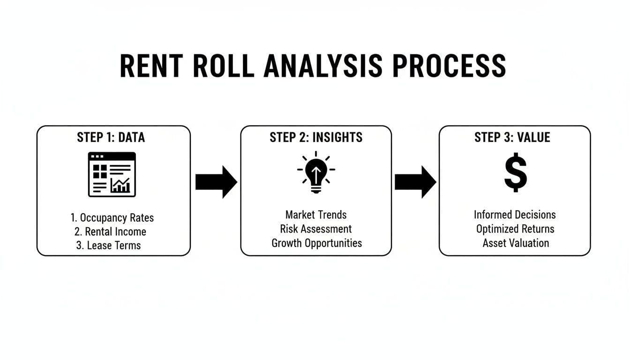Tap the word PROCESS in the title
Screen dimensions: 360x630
449,66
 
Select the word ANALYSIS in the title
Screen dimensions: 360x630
323,66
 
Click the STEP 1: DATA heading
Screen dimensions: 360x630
111,137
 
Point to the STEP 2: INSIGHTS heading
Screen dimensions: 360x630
316,137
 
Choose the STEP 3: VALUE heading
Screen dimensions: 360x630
512,137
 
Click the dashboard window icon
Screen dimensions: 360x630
112,174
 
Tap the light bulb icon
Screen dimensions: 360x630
316,172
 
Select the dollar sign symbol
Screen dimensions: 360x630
515,172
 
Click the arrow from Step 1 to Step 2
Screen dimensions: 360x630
216,182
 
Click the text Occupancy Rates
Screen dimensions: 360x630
112,218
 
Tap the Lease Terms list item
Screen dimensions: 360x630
108,246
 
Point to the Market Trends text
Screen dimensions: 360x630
316,215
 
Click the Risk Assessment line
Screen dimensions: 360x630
316,229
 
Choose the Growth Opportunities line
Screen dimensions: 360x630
316,243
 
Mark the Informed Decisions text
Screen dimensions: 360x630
515,215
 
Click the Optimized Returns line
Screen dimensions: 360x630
515,229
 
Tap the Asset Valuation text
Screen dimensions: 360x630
516,243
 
